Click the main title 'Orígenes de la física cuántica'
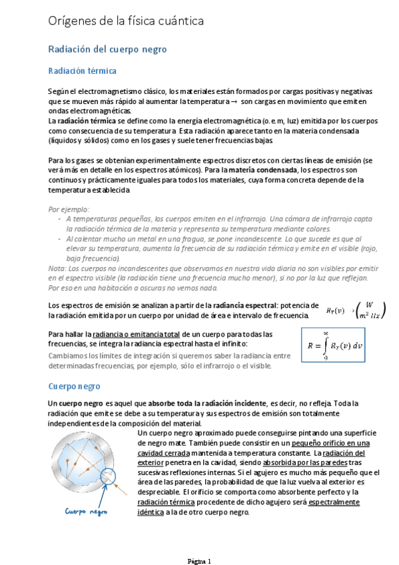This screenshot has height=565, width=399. pyautogui.click(x=126, y=22)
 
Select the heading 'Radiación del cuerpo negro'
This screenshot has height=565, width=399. pyautogui.click(x=107, y=49)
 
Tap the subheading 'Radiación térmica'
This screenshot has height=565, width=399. pyautogui.click(x=82, y=71)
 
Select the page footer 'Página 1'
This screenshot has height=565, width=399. pyautogui.click(x=199, y=560)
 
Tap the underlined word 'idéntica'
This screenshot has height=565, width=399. pyautogui.click(x=155, y=512)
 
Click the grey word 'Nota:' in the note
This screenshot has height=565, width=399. pyautogui.click(x=57, y=269)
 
